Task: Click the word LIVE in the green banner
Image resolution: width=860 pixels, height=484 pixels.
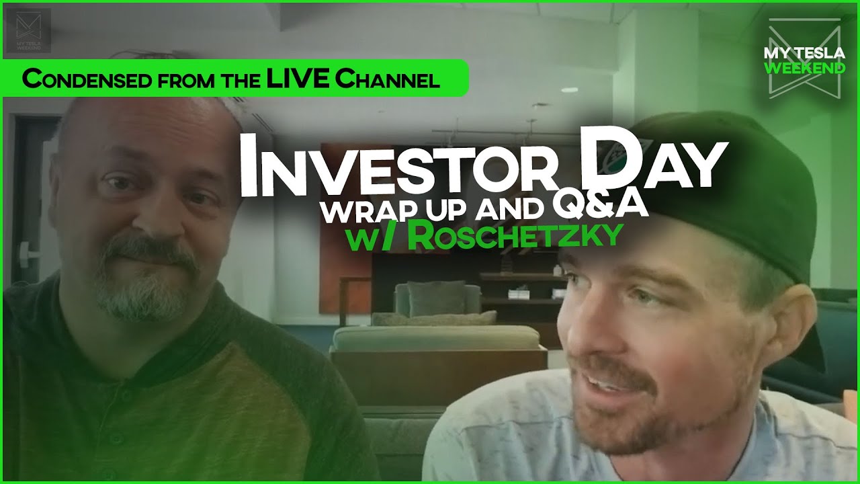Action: click(x=298, y=79)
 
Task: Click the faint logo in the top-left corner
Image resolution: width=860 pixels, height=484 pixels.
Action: click(x=33, y=30)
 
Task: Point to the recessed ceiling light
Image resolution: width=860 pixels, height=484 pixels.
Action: click(x=569, y=89)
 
